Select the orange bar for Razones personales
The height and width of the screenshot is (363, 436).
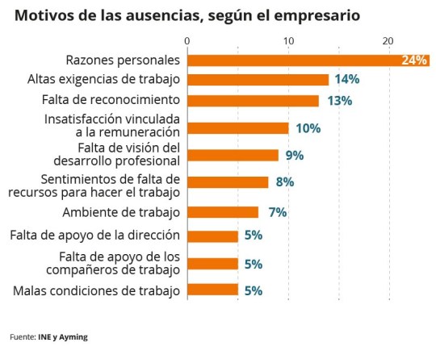307,60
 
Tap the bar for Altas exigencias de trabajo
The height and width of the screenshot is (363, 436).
258,79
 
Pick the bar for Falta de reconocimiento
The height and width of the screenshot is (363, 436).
253,100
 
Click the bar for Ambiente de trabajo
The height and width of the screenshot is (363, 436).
223,212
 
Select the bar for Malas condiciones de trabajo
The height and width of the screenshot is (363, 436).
212,290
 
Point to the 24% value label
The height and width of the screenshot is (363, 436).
414,60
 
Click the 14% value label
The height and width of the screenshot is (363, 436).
346,79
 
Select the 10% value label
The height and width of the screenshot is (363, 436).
308,128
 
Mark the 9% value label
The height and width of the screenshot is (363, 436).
295,155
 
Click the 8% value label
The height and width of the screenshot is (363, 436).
284,182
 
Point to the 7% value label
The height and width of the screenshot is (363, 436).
278,212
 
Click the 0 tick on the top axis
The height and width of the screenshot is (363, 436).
187,41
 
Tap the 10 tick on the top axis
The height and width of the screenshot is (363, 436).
288,41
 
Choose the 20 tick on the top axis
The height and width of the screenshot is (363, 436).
388,41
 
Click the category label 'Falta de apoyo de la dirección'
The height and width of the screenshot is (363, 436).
95,236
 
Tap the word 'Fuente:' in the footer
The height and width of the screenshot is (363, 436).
23,337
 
